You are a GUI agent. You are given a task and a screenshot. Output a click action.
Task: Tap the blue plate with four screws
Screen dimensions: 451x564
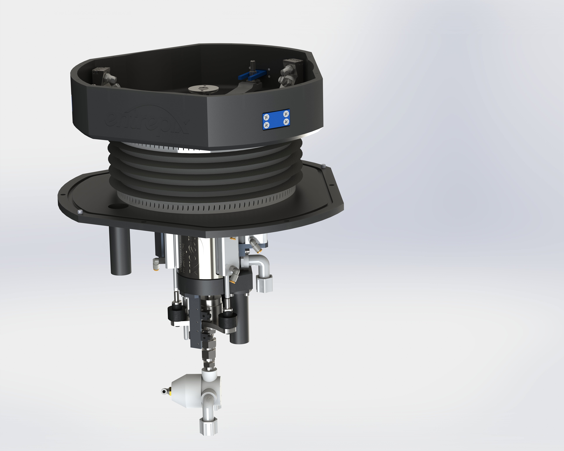click(x=276, y=119)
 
